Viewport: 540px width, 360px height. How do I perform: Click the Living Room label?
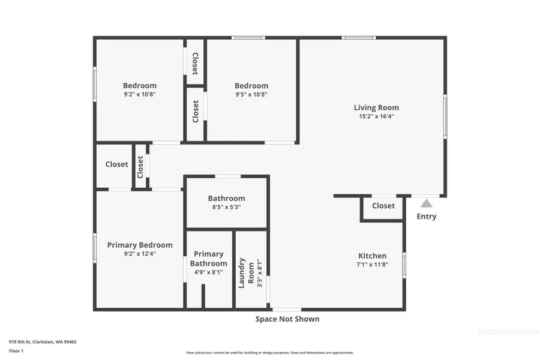click(x=376, y=108)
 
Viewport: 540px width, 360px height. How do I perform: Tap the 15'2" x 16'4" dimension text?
click(x=376, y=116)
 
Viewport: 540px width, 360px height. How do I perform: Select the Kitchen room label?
click(x=372, y=256)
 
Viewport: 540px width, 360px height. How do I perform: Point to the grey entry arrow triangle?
click(x=426, y=203)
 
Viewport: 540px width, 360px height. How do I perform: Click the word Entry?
click(x=426, y=217)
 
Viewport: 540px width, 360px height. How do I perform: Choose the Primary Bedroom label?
click(x=140, y=245)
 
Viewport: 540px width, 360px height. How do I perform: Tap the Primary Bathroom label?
click(x=209, y=259)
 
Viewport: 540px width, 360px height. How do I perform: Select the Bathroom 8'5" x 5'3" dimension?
click(x=226, y=208)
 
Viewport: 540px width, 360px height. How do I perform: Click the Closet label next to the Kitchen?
click(x=383, y=206)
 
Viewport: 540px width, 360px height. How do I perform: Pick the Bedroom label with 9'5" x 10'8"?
click(x=251, y=86)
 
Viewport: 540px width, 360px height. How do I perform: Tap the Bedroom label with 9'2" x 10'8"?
click(x=140, y=85)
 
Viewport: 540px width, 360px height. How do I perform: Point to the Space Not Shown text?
click(x=287, y=319)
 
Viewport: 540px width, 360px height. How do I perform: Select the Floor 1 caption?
click(x=16, y=350)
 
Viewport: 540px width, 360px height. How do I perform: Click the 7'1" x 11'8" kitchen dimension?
click(x=372, y=264)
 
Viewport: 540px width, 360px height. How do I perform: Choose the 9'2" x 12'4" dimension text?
click(x=140, y=254)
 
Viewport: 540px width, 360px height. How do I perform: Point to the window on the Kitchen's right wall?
click(x=404, y=264)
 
